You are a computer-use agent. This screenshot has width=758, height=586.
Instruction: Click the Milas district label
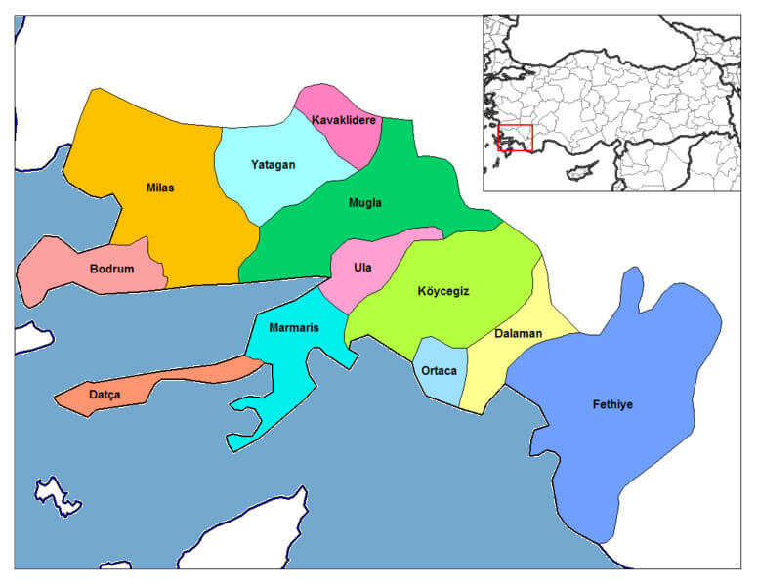tap(160, 188)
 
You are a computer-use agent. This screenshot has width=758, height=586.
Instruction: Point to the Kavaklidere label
tap(343, 120)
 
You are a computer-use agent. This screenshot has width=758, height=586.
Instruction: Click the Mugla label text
tap(365, 203)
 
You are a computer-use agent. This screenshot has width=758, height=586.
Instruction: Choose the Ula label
tap(362, 268)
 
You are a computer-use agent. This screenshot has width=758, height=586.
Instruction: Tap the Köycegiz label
tap(443, 291)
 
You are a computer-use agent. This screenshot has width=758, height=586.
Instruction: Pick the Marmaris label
tap(294, 327)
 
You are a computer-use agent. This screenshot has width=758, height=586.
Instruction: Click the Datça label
tap(105, 395)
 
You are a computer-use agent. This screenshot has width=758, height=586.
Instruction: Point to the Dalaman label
tap(518, 334)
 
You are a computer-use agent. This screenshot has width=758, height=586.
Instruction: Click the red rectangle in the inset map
tap(515, 138)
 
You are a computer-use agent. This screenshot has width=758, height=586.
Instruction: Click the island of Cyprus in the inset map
tap(580, 170)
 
